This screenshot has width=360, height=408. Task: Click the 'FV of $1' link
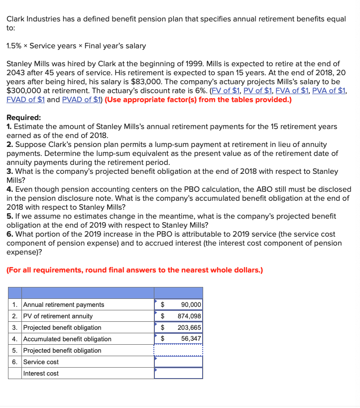point(227,91)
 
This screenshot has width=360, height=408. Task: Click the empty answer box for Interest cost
point(179,374)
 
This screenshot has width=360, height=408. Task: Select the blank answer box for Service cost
point(179,362)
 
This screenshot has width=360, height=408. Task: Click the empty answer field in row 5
point(179,351)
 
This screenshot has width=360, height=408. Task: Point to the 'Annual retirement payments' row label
point(64,305)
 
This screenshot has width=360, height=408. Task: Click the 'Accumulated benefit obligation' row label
point(67,339)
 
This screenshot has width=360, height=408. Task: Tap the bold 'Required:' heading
point(24,118)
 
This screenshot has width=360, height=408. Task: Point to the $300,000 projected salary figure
point(25,91)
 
